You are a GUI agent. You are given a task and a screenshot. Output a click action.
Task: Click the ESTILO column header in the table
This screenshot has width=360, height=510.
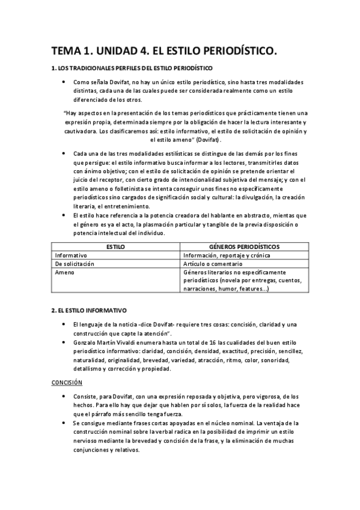point(115,247)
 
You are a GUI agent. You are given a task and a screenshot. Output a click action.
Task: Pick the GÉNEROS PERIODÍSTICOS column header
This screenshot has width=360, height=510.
point(245,247)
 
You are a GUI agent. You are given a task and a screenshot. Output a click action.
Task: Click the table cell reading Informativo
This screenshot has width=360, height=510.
point(72,255)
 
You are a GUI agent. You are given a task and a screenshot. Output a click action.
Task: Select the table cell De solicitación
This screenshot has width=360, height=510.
point(76,263)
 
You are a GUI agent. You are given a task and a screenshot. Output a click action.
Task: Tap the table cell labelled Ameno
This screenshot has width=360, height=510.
point(64,272)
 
